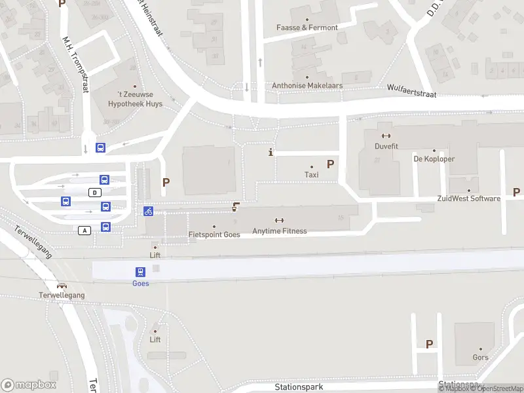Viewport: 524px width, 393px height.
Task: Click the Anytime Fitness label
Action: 280,231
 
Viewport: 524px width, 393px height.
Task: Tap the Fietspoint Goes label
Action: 214,234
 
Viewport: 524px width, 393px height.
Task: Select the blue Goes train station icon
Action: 140,272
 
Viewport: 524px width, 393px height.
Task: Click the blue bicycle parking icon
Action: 149,211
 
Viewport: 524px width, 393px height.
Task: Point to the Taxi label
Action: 311,175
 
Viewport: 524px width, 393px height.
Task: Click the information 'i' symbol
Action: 271,153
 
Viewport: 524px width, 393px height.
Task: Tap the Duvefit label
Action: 386,147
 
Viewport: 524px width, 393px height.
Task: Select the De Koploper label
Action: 434,159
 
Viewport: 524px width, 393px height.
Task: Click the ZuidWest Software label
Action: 469,198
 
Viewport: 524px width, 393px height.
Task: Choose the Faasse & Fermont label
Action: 307,28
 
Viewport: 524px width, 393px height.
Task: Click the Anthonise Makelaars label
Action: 307,86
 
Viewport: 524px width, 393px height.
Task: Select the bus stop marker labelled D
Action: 96,192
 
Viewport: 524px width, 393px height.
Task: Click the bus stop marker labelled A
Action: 84,230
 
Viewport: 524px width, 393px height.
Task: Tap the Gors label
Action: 480,358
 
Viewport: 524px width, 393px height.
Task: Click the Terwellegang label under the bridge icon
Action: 62,295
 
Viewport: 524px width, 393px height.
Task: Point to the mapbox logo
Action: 29,385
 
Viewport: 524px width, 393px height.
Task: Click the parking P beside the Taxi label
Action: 331,164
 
